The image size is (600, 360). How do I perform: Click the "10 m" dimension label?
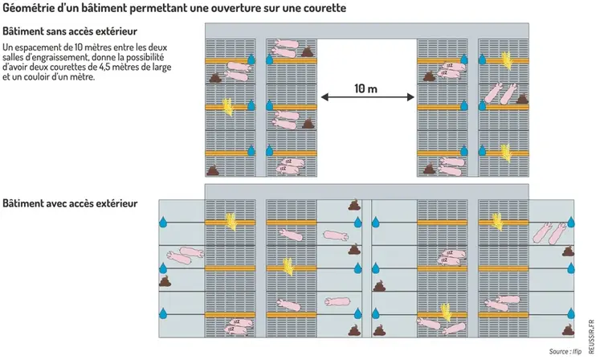coord(366,88)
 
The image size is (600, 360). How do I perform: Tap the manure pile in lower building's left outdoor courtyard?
coord(166,280)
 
